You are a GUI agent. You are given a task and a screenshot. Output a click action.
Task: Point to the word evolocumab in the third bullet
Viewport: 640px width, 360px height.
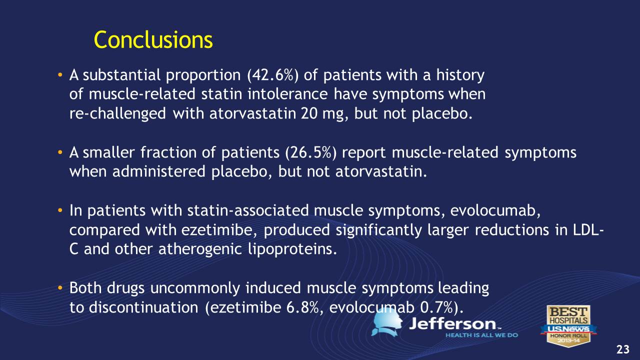coord(495,210)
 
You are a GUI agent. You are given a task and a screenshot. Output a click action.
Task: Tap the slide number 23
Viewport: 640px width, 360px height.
coord(623,349)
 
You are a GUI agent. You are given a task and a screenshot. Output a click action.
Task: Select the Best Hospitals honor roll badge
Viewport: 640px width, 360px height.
coord(568,325)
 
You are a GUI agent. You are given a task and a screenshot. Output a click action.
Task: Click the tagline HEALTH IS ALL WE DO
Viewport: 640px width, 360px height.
coord(481,335)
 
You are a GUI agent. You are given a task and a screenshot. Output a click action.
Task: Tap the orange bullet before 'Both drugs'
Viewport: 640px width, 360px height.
coord(59,287)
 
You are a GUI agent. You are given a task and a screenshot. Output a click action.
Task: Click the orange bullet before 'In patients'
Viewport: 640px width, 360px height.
coord(59,210)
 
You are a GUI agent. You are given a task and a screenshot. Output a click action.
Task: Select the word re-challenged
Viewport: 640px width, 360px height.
coord(117,113)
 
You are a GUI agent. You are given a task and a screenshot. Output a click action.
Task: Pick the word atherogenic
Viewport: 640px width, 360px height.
coord(200,249)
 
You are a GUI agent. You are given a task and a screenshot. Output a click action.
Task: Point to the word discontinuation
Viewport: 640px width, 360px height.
coord(143,307)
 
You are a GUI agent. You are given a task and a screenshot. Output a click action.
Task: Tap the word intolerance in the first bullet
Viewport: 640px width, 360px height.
coord(287,94)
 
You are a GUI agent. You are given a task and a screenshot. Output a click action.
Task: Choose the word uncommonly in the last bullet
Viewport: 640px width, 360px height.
coord(195,288)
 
